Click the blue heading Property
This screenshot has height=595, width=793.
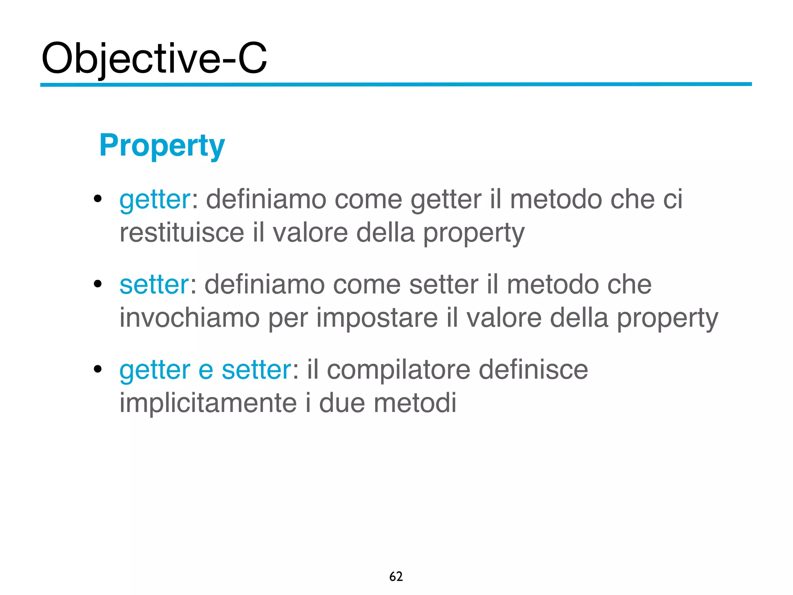click(162, 146)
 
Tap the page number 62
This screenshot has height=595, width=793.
click(396, 576)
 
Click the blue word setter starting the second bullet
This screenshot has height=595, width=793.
click(154, 285)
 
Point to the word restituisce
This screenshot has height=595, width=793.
click(182, 233)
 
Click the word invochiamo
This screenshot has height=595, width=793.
click(189, 318)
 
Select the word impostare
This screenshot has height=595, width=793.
click(377, 318)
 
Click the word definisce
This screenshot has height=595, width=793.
click(533, 370)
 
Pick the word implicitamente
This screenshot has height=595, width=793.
click(208, 403)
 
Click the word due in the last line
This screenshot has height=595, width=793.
click(342, 403)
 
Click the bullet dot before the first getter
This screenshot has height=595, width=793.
click(98, 199)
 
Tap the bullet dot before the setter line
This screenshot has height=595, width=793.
click(98, 284)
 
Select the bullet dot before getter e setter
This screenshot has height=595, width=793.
click(98, 369)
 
